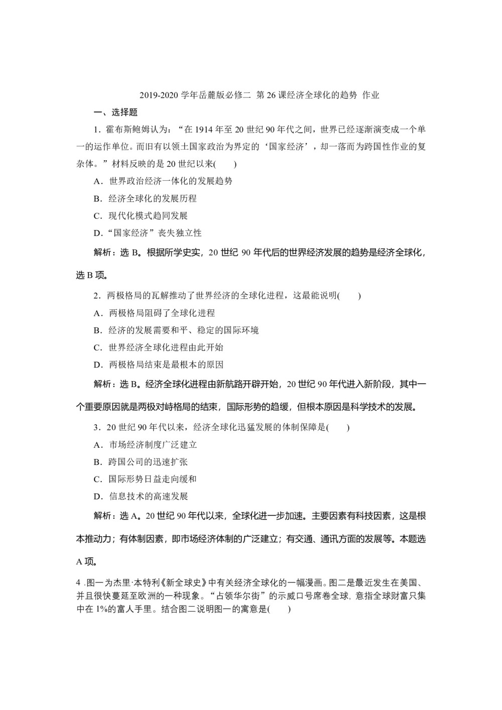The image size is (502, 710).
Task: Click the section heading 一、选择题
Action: (x=115, y=112)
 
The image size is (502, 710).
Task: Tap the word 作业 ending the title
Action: (x=371, y=95)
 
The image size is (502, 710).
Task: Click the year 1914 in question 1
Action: (x=206, y=130)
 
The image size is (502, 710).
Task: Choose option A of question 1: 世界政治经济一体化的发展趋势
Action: (x=164, y=181)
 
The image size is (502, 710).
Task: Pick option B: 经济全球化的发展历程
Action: (x=146, y=198)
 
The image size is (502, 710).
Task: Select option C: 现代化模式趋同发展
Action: (x=142, y=216)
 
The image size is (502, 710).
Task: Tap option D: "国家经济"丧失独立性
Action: (x=148, y=233)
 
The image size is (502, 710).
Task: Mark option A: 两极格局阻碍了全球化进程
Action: (x=155, y=313)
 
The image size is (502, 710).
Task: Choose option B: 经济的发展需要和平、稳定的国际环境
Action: (x=177, y=330)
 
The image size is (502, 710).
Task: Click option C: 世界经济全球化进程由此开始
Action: (x=159, y=347)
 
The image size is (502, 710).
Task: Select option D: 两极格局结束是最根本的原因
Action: (x=159, y=365)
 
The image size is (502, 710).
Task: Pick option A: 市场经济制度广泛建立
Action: (x=146, y=445)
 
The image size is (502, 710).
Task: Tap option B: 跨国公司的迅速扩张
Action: (x=142, y=462)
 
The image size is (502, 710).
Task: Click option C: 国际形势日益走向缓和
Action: (x=146, y=479)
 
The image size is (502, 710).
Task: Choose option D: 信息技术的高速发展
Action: (x=142, y=497)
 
